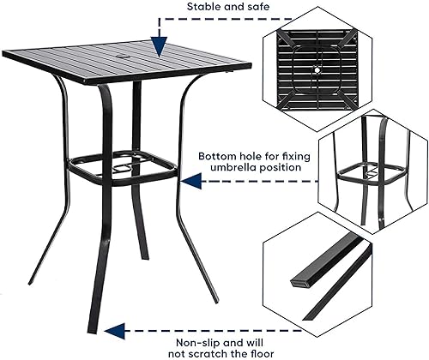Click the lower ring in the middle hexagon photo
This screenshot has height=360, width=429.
371,175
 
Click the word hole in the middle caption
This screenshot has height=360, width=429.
256,156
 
